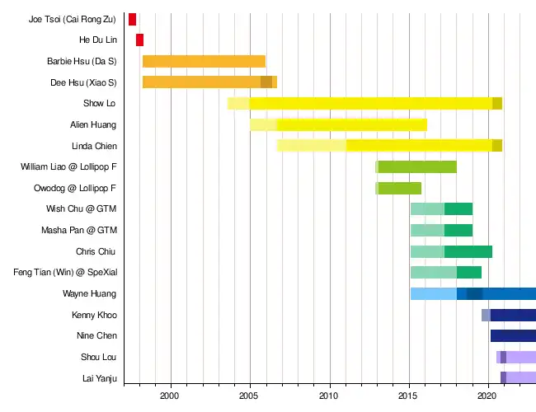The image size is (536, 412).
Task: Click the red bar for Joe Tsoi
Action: point(132,19)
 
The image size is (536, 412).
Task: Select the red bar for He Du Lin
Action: point(139,40)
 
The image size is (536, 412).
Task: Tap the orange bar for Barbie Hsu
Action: point(204,61)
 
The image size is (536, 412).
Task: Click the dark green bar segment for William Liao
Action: point(417,167)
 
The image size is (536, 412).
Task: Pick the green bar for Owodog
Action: point(400,188)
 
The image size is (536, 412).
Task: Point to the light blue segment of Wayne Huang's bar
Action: point(433,293)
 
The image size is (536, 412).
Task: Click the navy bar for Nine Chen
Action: point(513,335)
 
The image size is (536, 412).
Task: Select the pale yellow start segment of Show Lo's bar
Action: point(238,103)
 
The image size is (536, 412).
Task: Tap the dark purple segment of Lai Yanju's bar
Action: point(503,377)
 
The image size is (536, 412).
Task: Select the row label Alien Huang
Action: point(93,124)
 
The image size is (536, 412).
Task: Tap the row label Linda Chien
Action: point(94,146)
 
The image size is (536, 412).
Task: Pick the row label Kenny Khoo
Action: point(94,315)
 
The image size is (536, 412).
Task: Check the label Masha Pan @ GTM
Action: point(79,230)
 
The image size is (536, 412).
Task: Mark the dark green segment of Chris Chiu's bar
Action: point(468,251)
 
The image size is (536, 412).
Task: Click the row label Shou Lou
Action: point(98,357)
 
